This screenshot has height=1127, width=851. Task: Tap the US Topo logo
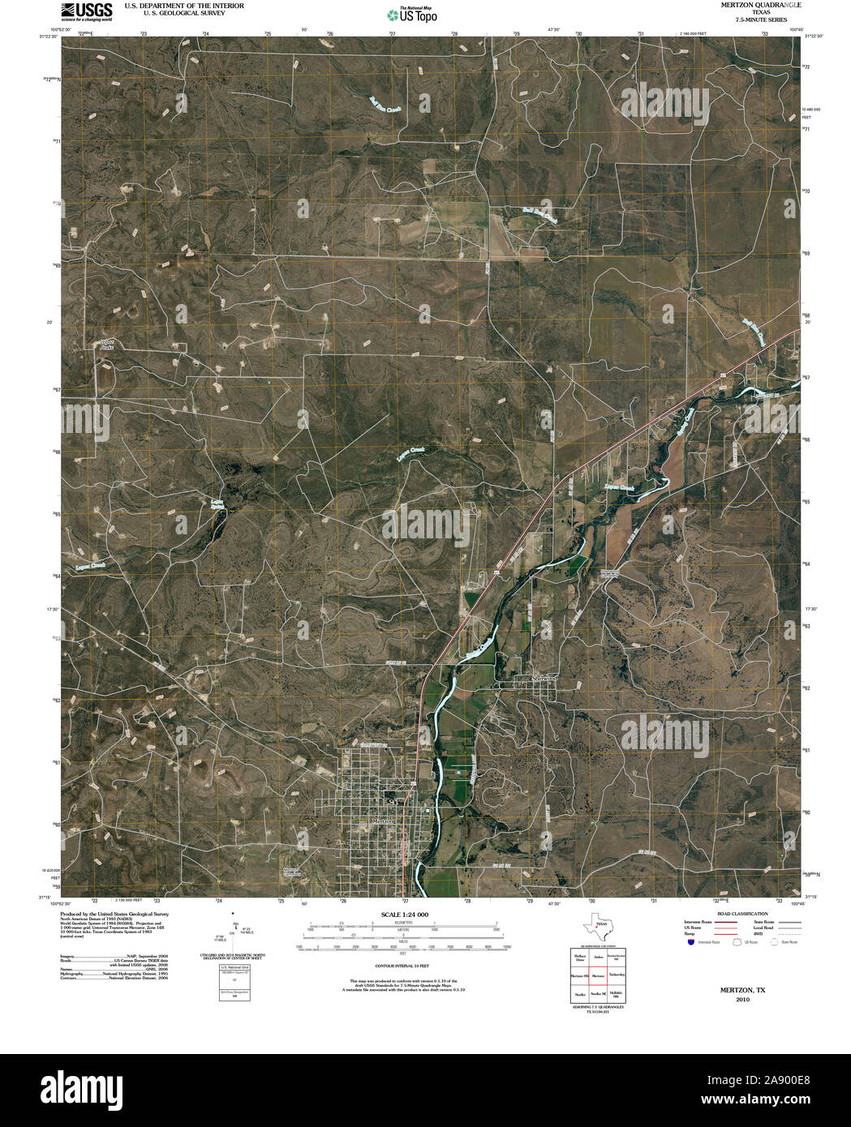(x=411, y=15)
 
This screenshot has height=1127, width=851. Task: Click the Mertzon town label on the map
(x=383, y=821)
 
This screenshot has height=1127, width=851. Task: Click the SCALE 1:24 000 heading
(x=404, y=915)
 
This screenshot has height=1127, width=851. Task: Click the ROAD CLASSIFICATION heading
(x=743, y=914)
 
